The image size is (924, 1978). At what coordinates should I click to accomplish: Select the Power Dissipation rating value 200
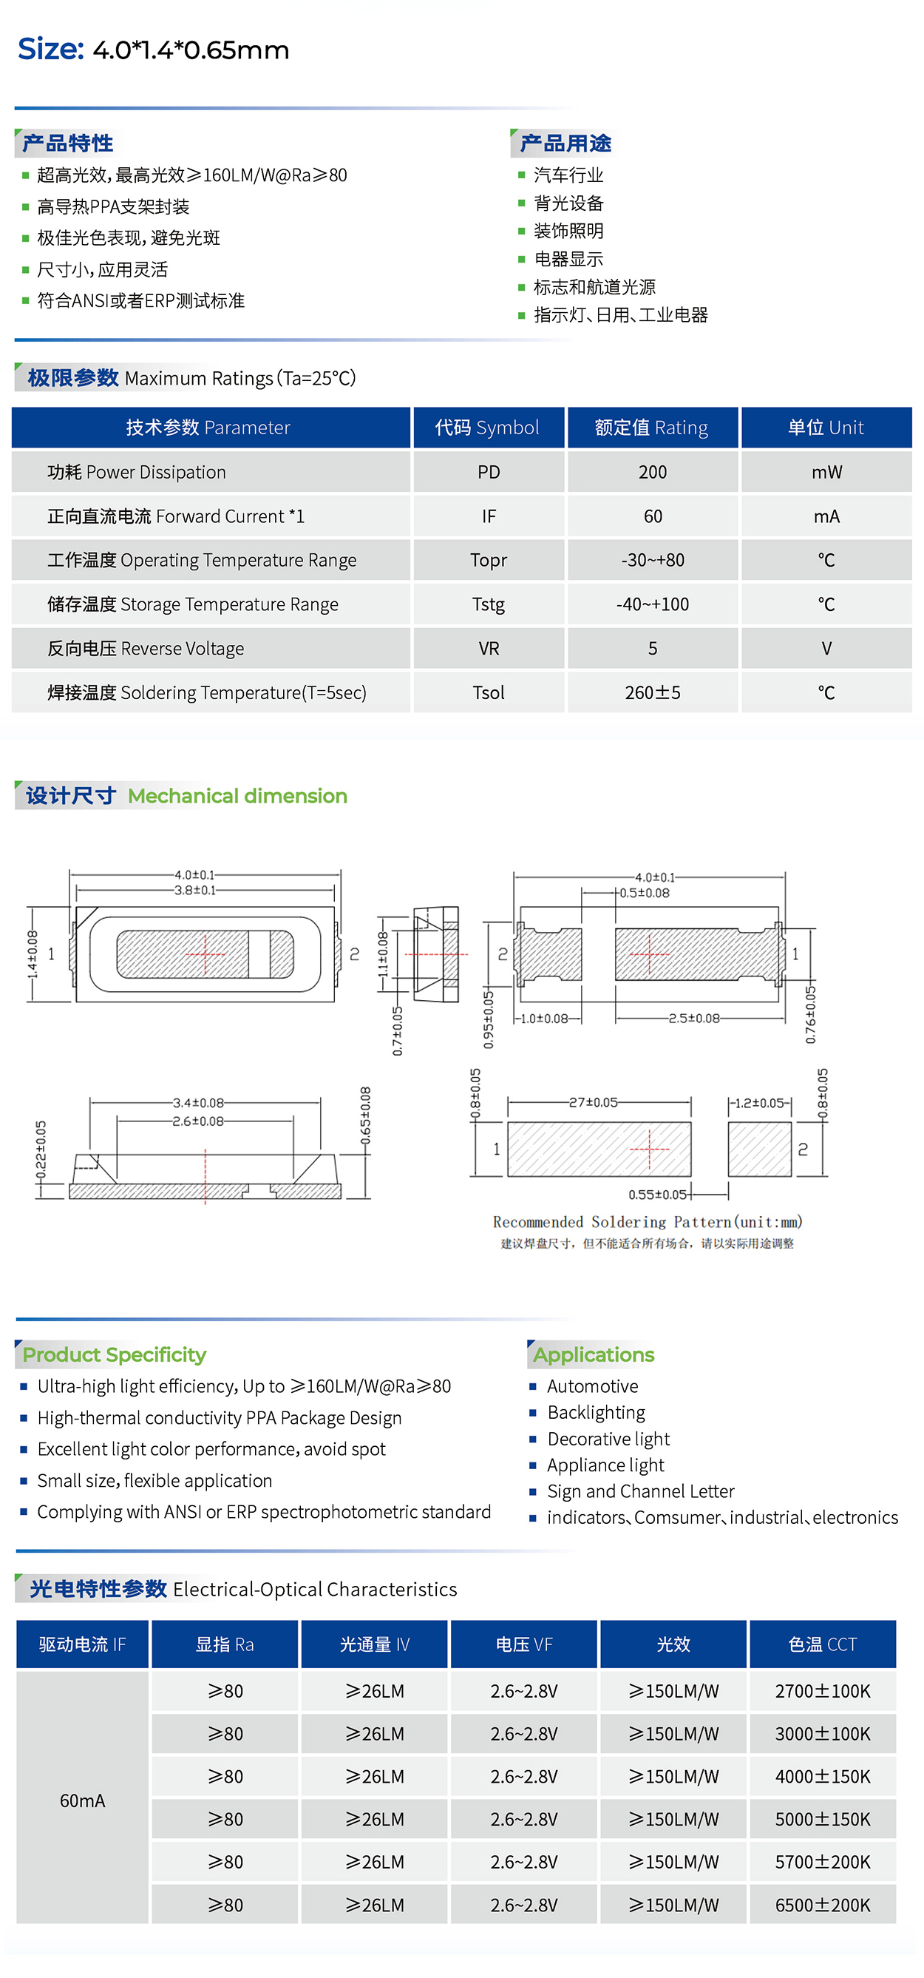[x=652, y=472]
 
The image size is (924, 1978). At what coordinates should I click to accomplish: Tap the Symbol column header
[x=488, y=428]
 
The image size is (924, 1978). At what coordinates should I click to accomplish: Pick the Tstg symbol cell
[x=488, y=604]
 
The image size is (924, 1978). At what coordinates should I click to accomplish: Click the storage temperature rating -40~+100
[x=652, y=604]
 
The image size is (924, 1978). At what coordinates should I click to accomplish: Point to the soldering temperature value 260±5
[x=652, y=692]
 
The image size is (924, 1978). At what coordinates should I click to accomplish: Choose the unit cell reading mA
[x=826, y=517]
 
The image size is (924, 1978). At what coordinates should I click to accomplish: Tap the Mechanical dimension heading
[x=237, y=796]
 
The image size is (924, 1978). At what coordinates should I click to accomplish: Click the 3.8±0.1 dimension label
[x=195, y=891]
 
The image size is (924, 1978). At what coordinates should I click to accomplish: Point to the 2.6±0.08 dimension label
[x=198, y=1122]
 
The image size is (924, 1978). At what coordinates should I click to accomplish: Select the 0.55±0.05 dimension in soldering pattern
[x=657, y=1195]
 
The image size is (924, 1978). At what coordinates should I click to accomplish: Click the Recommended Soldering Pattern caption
[x=647, y=1222]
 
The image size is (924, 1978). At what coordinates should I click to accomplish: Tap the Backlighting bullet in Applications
[x=596, y=1413]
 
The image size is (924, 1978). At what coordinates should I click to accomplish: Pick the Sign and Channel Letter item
[x=640, y=1491]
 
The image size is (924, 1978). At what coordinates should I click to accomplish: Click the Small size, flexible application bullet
[x=154, y=1480]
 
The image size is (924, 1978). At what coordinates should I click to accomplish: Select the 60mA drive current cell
[x=82, y=1800]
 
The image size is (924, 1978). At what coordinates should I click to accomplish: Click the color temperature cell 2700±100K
[x=822, y=1692]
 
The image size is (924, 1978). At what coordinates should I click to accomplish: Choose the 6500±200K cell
[x=822, y=1905]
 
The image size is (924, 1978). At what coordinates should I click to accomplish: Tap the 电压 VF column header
[x=523, y=1644]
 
